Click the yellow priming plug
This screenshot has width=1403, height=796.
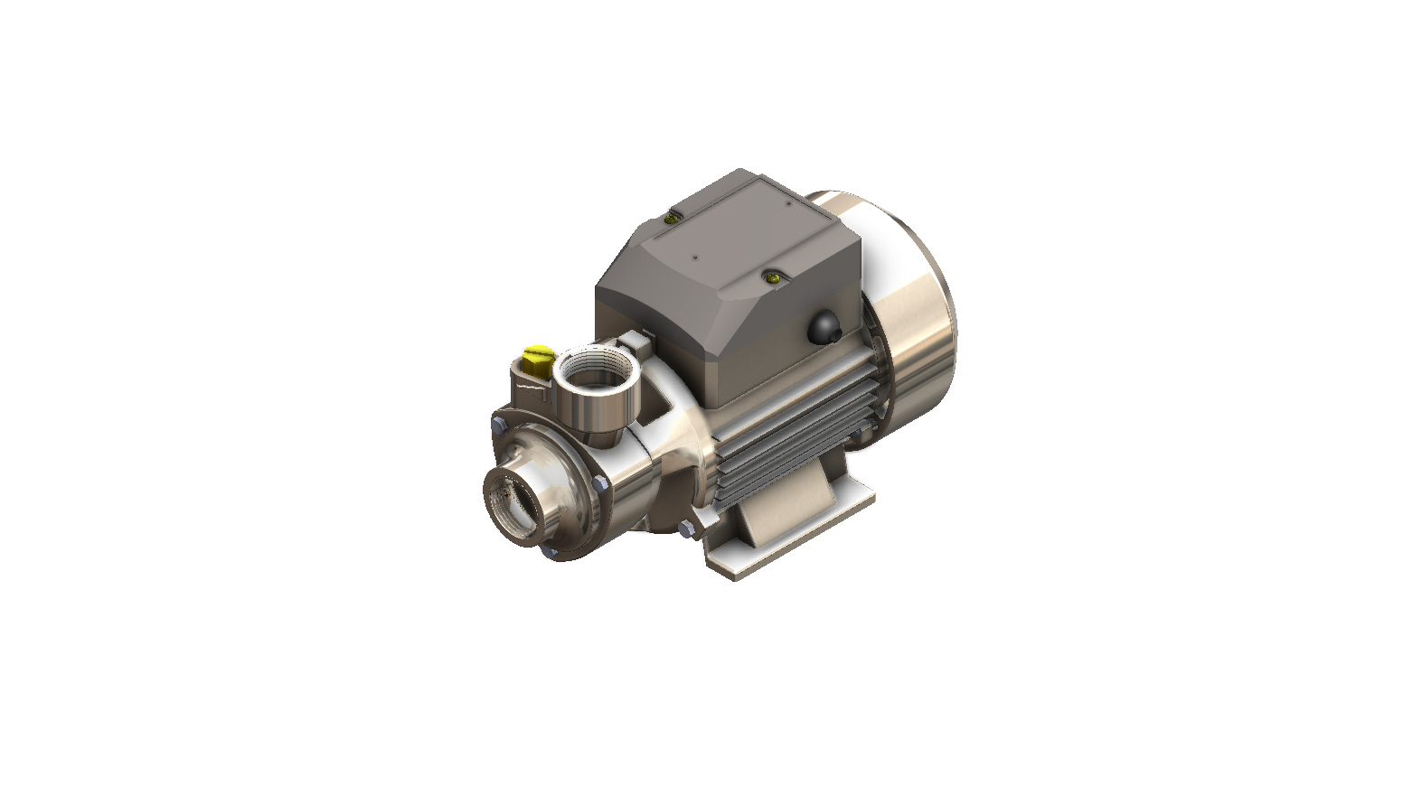[x=537, y=354]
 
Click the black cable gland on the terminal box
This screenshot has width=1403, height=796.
[x=824, y=327]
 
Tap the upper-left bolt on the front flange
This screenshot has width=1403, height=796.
[x=497, y=423]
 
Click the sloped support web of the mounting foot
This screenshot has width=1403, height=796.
[x=777, y=515]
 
